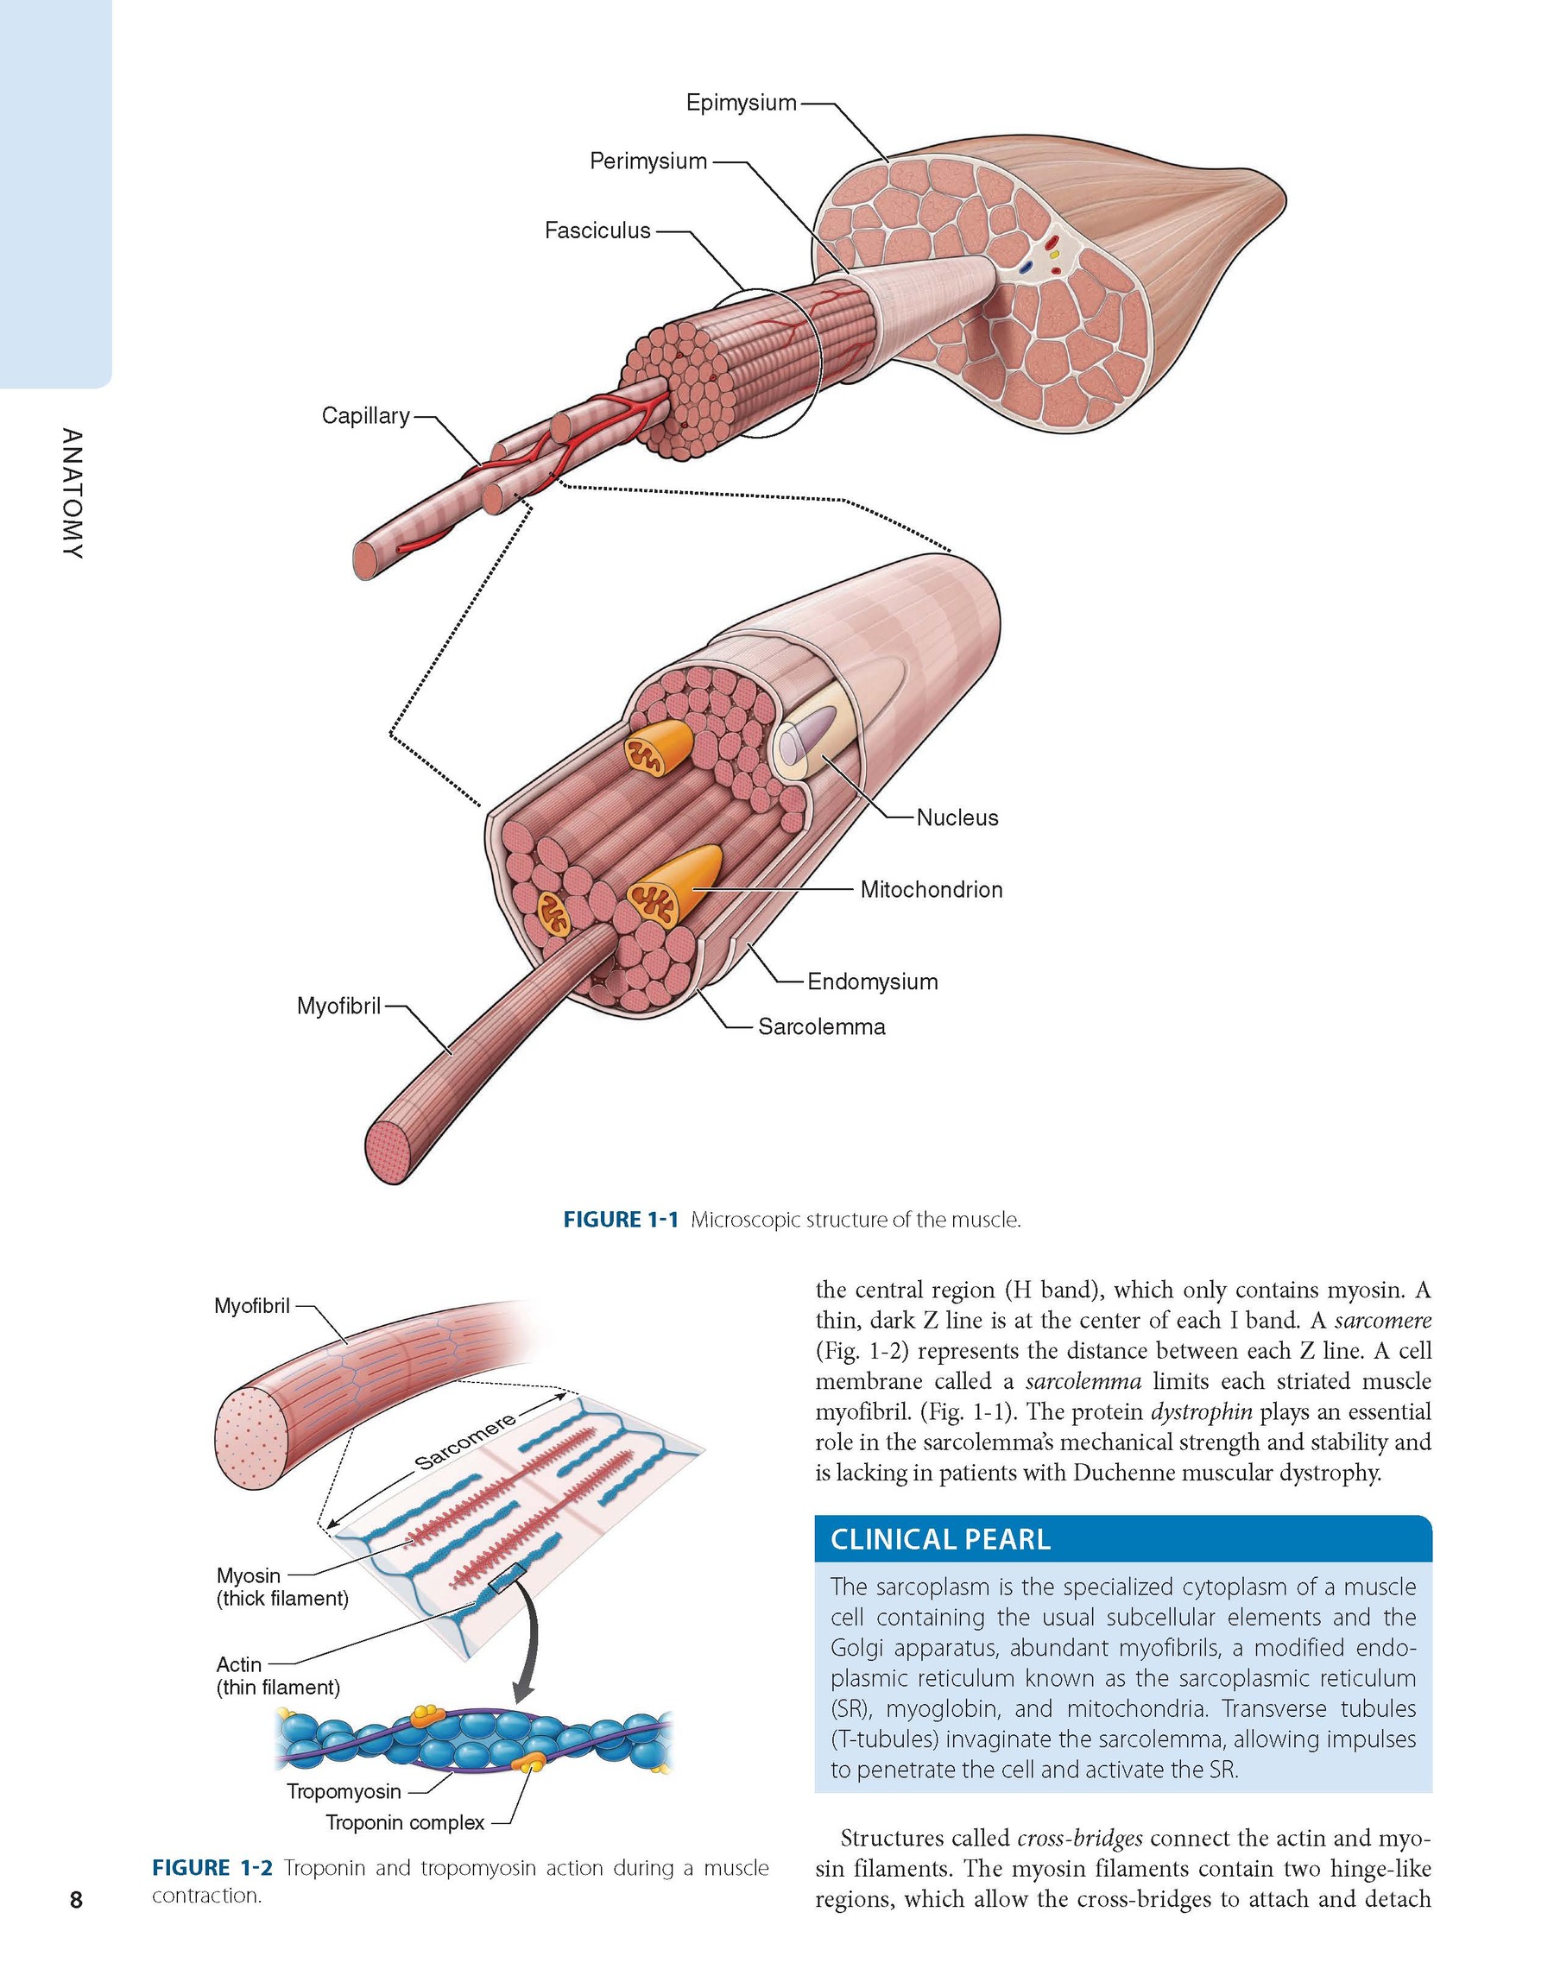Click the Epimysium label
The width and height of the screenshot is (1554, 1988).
tap(741, 103)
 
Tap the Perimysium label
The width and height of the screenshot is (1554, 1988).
tap(648, 161)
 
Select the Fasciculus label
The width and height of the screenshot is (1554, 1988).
tap(597, 231)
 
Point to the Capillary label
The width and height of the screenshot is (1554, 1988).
tap(365, 416)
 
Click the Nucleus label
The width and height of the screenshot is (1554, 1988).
tap(957, 817)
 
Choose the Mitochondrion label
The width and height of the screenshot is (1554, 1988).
tap(932, 889)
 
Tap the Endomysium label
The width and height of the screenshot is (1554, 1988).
tap(872, 981)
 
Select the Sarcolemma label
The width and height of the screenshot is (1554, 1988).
tap(821, 1026)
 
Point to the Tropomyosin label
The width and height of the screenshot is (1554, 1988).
tap(344, 1791)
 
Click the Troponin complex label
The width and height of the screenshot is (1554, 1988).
tap(405, 1822)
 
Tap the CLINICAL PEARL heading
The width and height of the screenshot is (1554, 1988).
tap(940, 1539)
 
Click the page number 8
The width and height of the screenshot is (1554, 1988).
tap(76, 1899)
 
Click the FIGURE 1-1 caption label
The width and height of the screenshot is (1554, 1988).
tap(621, 1220)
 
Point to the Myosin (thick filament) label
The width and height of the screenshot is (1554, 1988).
tap(282, 1587)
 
